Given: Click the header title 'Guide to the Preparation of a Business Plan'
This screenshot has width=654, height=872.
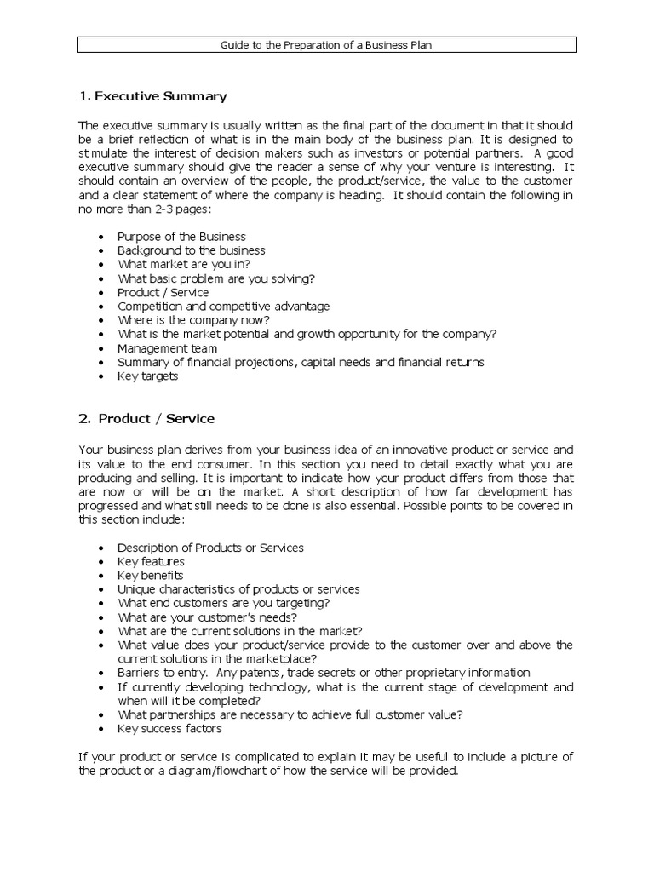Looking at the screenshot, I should [326, 45].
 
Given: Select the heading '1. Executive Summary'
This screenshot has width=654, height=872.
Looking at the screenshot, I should [152, 96].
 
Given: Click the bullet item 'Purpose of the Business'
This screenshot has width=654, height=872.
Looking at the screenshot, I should [181, 237].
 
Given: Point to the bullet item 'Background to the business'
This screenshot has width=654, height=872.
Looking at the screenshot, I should [191, 250].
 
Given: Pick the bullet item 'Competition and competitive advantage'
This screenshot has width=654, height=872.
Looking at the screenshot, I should [223, 306].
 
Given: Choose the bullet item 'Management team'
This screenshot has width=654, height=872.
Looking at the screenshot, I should [167, 348].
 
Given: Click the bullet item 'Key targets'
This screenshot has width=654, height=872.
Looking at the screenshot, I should [147, 376].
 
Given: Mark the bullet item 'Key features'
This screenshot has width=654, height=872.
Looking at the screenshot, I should [150, 562].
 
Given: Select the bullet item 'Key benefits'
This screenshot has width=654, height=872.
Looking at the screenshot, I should [150, 576].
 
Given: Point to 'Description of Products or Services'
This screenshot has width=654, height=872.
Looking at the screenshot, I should [210, 548].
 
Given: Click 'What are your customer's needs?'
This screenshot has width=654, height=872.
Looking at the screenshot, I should [207, 617].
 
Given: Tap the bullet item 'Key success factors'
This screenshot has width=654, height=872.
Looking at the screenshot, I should [169, 729].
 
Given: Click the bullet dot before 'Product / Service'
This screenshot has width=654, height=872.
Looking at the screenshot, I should [103, 293].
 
